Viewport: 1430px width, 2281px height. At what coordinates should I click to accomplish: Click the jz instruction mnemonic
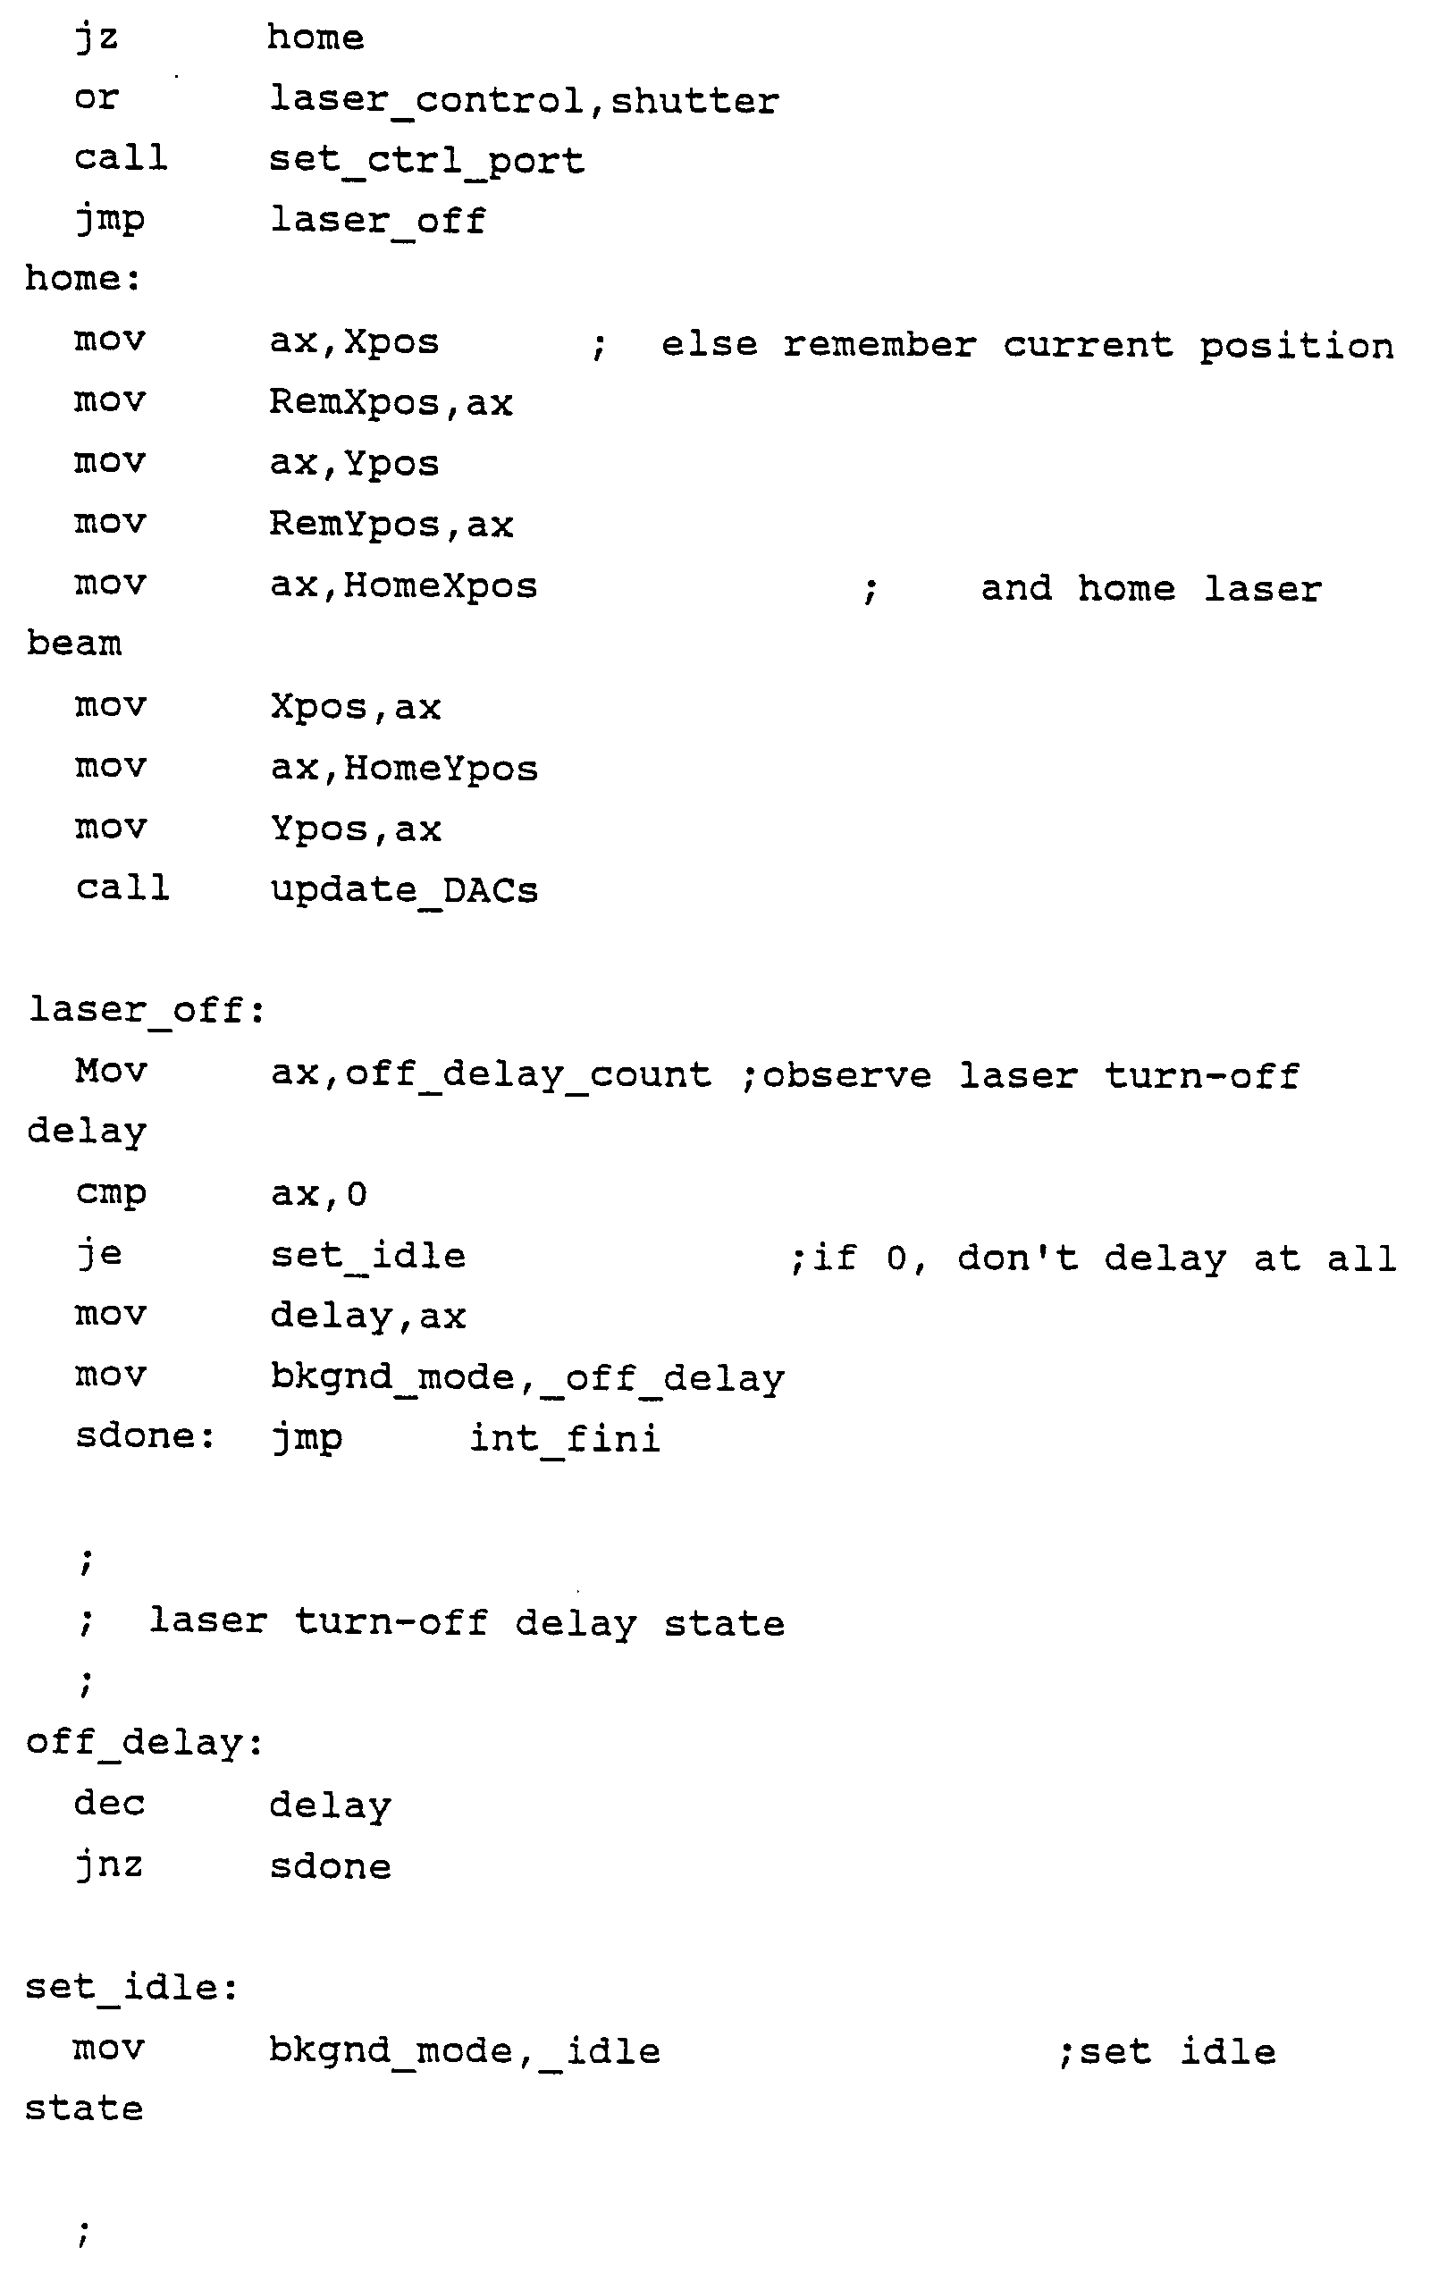97,39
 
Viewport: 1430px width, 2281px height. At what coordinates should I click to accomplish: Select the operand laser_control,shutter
524,100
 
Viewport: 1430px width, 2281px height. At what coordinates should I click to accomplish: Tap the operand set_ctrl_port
426,161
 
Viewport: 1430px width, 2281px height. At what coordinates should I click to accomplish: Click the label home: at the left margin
83,279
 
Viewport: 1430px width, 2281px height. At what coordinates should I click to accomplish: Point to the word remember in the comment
879,345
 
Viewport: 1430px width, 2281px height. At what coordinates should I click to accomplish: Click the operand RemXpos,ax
391,403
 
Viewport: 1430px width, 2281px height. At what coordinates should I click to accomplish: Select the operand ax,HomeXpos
404,586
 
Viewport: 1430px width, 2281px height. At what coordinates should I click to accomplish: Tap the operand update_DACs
404,890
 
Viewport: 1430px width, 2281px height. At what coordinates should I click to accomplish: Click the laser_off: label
147,1010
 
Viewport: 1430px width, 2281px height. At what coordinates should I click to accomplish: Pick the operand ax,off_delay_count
491,1074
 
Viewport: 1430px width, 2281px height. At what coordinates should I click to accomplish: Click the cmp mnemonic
111,1193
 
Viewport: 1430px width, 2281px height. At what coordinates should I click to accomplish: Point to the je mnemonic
99,1255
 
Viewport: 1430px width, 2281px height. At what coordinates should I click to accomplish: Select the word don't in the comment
1018,1258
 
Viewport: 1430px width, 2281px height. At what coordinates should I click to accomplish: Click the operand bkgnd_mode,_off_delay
526,1378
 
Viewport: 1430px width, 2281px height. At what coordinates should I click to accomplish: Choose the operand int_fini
565,1439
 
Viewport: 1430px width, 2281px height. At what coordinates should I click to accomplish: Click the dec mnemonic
110,1804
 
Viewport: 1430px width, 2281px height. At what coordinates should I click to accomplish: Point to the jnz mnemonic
110,1864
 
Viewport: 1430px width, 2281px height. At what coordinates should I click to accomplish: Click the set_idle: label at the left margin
131,1987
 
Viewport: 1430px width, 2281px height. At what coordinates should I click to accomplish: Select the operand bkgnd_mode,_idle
465,2051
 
